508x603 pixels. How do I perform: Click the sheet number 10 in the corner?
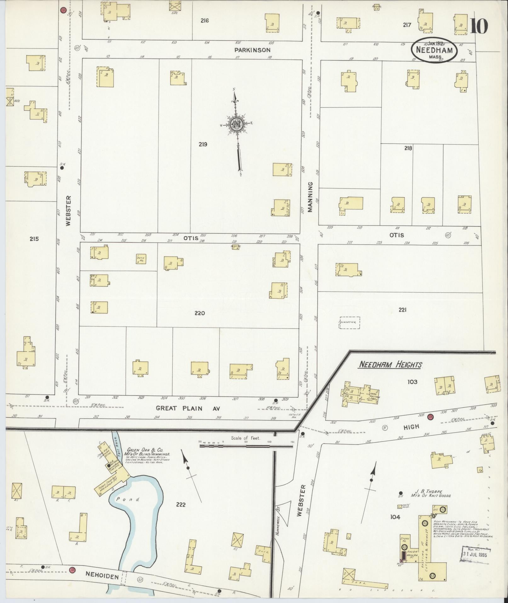click(479, 26)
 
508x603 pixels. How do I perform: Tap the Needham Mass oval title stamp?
click(434, 50)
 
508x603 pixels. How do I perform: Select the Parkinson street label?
click(252, 50)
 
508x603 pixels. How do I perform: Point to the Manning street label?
click(310, 197)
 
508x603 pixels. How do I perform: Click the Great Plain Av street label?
click(188, 408)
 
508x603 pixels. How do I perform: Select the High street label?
click(411, 426)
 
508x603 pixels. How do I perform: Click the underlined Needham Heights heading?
click(390, 365)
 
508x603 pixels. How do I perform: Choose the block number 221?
click(402, 310)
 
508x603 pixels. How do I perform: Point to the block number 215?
click(34, 239)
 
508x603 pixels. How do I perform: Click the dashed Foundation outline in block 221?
click(349, 323)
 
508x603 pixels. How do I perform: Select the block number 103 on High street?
click(412, 382)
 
